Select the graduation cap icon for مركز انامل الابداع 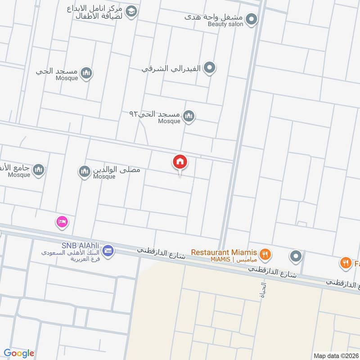(131, 12)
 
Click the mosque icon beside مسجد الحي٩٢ (189, 117)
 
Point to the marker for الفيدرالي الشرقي (209, 68)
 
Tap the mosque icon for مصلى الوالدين (84, 171)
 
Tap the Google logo (19, 353)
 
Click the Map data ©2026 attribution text (336, 355)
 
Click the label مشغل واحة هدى (214, 17)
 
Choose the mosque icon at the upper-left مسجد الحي (86, 73)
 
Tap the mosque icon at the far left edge (39, 169)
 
